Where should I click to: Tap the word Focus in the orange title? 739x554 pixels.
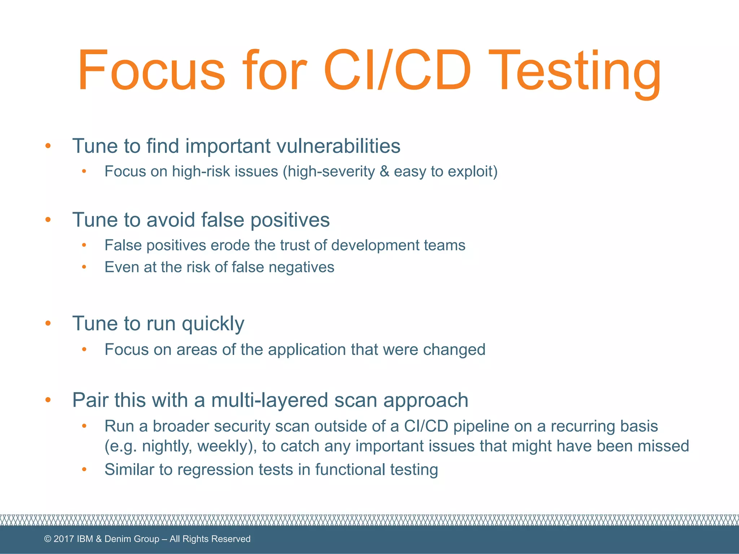click(152, 70)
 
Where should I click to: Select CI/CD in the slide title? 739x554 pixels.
click(397, 70)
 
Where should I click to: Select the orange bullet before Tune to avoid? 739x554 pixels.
click(48, 220)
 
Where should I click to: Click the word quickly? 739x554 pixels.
click(213, 324)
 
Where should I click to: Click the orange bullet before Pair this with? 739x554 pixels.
click(48, 400)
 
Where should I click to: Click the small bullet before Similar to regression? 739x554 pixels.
click(84, 469)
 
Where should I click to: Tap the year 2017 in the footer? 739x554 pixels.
click(64, 539)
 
